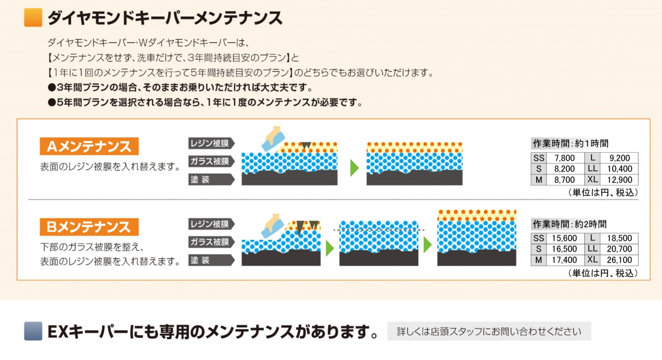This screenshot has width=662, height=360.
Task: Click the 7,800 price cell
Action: pos(564,158)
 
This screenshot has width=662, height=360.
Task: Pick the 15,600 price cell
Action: pos(564,239)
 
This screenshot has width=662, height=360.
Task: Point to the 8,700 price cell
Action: pos(564,180)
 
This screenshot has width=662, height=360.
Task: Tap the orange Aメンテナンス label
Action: pos(89,147)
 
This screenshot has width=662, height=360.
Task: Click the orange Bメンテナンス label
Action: pos(89,227)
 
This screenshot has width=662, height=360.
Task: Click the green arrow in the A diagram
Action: pos(355,167)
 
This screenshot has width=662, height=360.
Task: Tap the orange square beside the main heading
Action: pos(34,18)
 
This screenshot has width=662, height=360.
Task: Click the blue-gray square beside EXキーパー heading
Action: pos(34,331)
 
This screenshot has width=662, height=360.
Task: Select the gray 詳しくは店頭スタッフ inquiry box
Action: pos(489,331)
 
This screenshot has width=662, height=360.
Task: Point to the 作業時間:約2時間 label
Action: pos(569,224)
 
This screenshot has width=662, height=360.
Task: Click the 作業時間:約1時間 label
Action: pos(569,143)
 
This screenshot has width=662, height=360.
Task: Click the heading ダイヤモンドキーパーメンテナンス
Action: pos(165,18)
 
